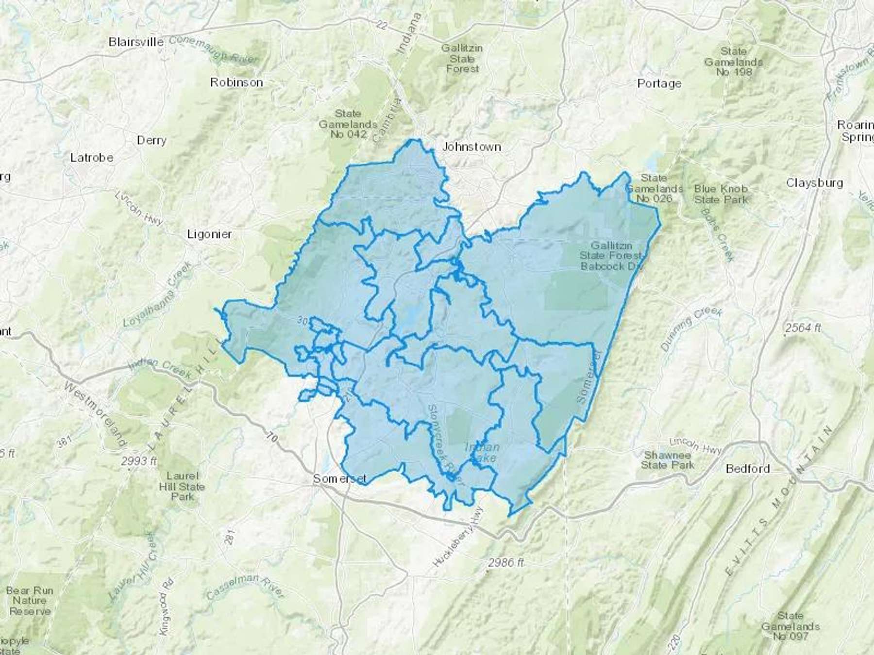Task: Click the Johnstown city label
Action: tap(471, 147)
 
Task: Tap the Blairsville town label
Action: tap(136, 42)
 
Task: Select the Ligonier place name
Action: tap(209, 234)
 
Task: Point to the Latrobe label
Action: tap(92, 158)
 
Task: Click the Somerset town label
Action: tap(339, 479)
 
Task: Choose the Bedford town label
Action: tap(748, 469)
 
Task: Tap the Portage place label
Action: tap(659, 83)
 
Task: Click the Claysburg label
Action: tap(814, 183)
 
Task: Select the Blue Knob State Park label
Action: tap(721, 194)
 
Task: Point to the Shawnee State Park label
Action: tap(668, 460)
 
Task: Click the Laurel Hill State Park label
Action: tap(182, 486)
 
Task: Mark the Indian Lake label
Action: tap(482, 452)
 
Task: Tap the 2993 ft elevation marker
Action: tap(139, 461)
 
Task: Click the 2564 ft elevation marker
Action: tap(802, 328)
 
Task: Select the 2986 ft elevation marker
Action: tap(506, 563)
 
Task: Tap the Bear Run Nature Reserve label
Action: tap(30, 601)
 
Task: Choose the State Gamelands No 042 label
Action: tap(348, 124)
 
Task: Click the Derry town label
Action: tap(151, 140)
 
